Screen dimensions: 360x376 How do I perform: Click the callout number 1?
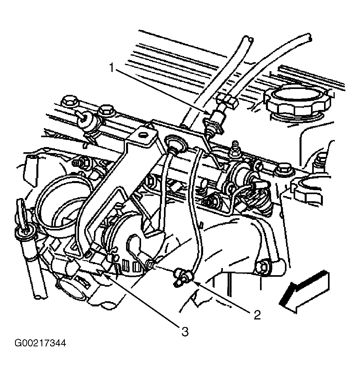(111, 68)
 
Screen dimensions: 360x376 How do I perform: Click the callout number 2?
(257, 315)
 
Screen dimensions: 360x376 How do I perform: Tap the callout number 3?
(185, 332)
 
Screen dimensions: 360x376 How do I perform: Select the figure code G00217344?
(40, 343)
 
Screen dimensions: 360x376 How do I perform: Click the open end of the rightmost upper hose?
(309, 36)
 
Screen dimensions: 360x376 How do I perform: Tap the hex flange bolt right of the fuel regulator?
(283, 170)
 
